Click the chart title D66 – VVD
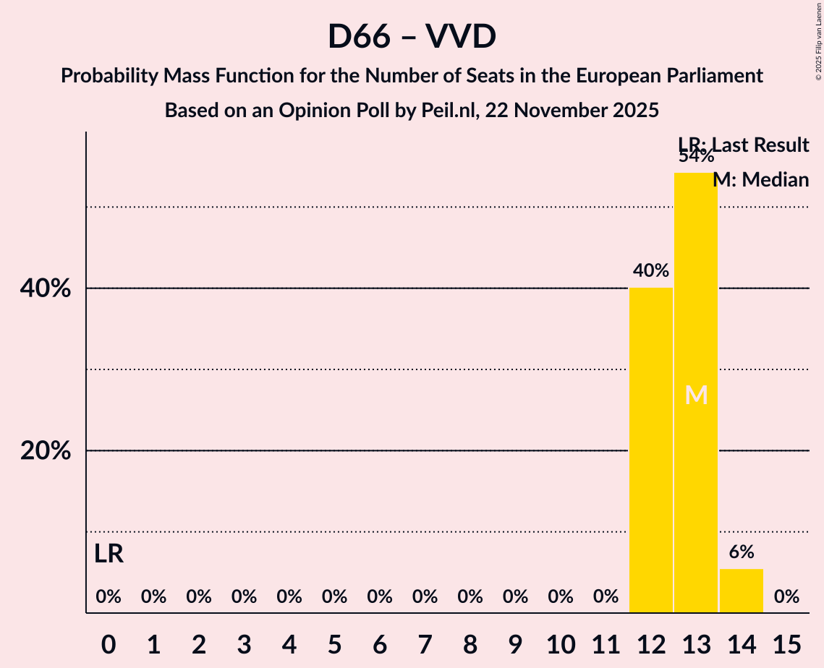pyautogui.click(x=412, y=36)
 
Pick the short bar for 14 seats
pyautogui.click(x=742, y=591)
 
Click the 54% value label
pyautogui.click(x=696, y=156)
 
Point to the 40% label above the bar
pyautogui.click(x=651, y=271)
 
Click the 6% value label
pyautogui.click(x=742, y=552)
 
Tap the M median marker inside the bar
pyautogui.click(x=696, y=395)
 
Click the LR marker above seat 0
pyautogui.click(x=109, y=554)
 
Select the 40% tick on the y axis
pyautogui.click(x=46, y=289)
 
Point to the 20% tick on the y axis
pyautogui.click(x=46, y=451)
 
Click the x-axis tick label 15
pyautogui.click(x=786, y=643)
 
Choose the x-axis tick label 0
pyautogui.click(x=109, y=643)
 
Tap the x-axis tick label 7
pyautogui.click(x=425, y=643)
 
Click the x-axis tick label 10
pyautogui.click(x=561, y=643)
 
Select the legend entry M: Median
pyautogui.click(x=760, y=179)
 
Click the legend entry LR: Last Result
pyautogui.click(x=743, y=145)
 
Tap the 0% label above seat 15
pyautogui.click(x=786, y=597)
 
